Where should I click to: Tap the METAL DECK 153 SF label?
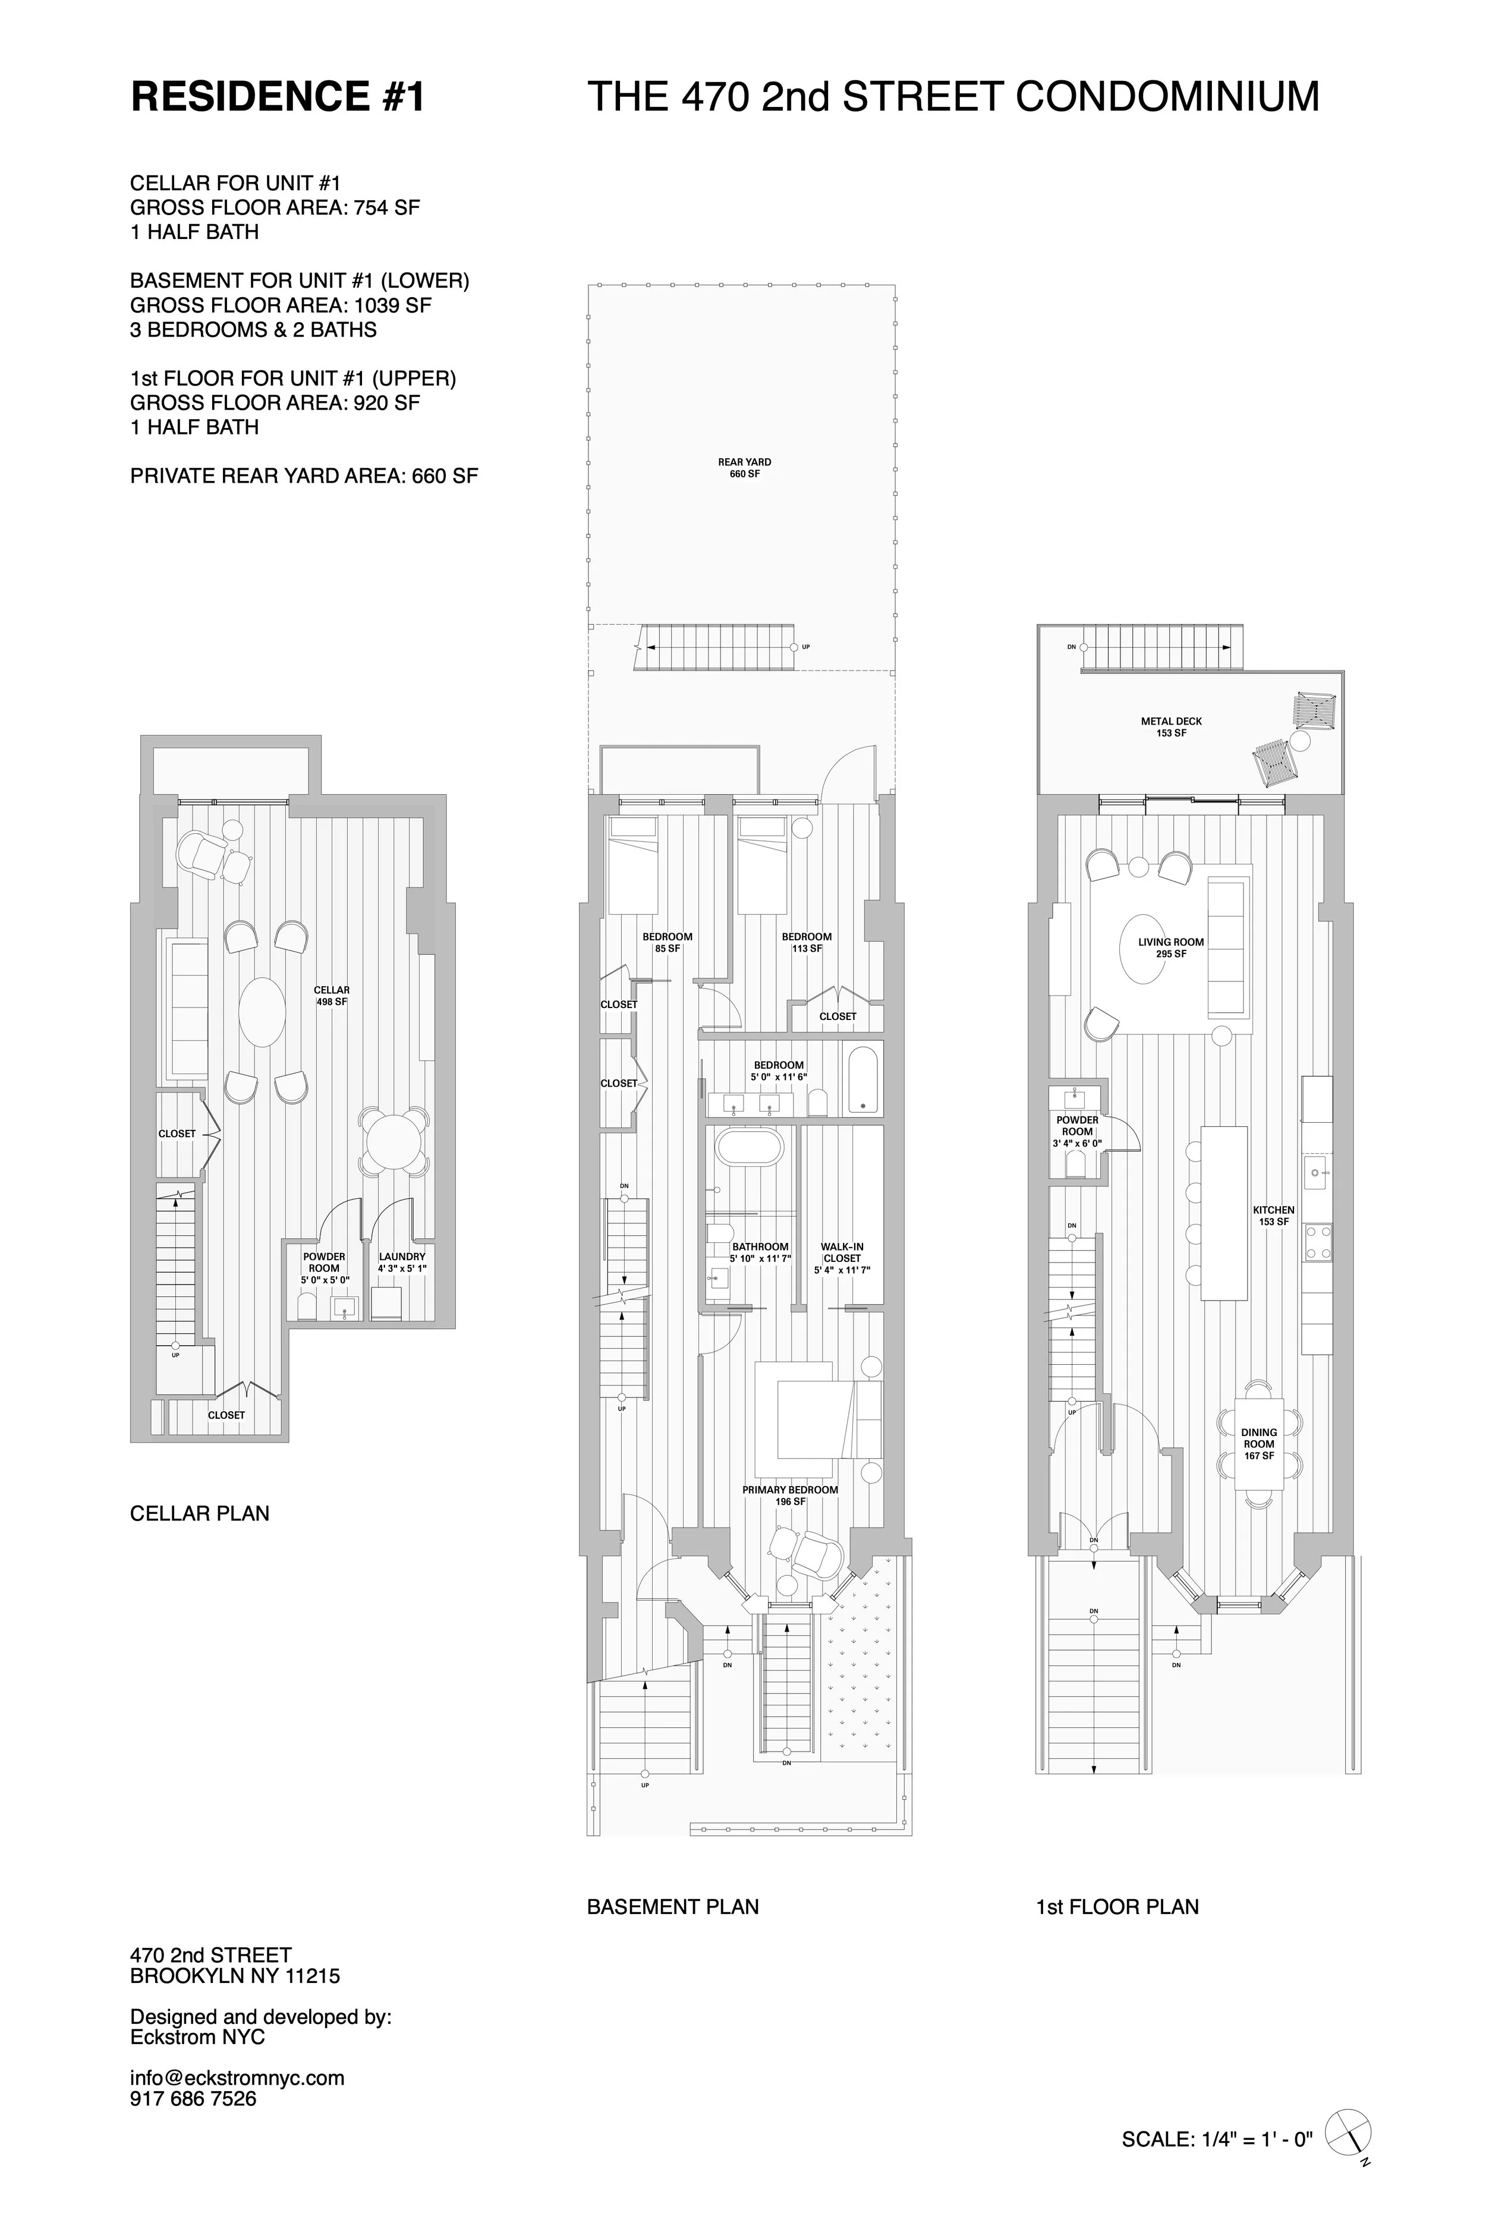(1172, 727)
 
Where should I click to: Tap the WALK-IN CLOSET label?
(842, 1258)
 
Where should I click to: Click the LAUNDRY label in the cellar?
(402, 1261)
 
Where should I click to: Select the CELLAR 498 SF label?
(332, 995)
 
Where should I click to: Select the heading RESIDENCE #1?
(278, 97)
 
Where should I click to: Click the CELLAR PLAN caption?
(199, 1513)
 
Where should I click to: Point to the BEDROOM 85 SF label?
(667, 942)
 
